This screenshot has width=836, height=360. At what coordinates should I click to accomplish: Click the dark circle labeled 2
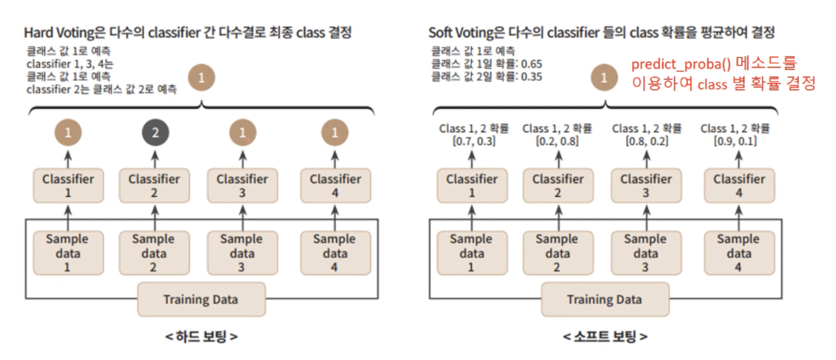point(155,133)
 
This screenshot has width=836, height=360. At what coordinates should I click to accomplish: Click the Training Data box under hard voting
point(201,299)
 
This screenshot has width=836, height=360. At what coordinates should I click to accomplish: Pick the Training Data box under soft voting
point(604,299)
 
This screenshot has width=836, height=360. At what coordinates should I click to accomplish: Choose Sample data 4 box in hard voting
point(335,252)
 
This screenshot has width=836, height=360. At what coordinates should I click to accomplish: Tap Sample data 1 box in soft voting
point(471,252)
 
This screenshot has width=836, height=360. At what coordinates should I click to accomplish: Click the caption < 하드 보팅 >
point(201,337)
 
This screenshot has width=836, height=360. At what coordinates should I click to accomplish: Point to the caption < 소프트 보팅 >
point(604,337)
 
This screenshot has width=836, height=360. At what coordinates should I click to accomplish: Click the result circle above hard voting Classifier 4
point(335,133)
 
